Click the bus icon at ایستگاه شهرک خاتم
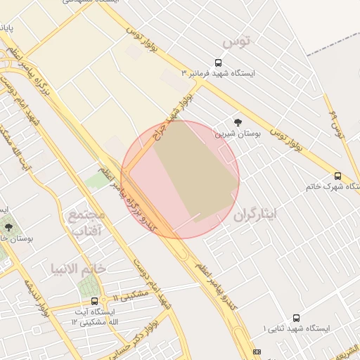pos(337,176)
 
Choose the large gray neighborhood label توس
pos(236,42)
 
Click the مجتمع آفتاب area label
pos(86,221)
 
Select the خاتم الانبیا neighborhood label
pos(77,268)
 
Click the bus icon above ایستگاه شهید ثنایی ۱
pos(296,318)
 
